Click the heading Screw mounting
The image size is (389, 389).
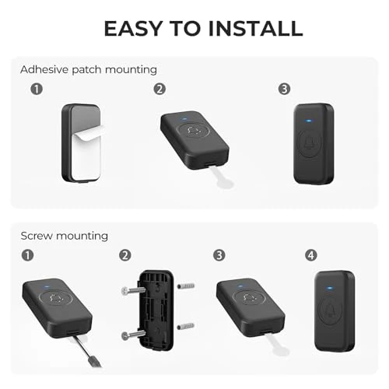(x=65, y=235)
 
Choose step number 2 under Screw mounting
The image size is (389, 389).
(x=124, y=254)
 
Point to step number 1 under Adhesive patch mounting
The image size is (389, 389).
(x=36, y=89)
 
